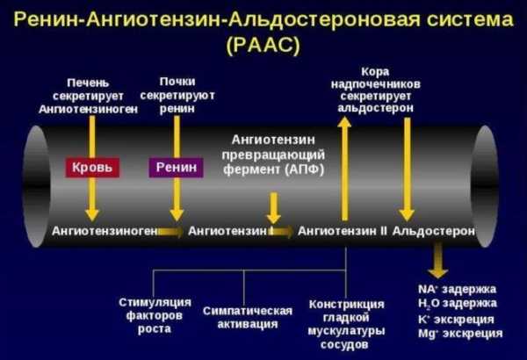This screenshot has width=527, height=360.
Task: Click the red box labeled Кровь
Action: [x=92, y=168]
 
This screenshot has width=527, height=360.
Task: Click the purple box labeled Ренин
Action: [x=177, y=168]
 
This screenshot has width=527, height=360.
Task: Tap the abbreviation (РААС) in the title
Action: [x=263, y=45]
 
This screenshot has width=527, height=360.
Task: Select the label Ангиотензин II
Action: [x=343, y=231]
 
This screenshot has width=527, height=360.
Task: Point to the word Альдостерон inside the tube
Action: [x=434, y=231]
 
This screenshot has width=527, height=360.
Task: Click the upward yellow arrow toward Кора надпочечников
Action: [x=344, y=169]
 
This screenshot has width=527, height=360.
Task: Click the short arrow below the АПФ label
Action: [x=274, y=208]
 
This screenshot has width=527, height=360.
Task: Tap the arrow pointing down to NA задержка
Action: [x=437, y=261]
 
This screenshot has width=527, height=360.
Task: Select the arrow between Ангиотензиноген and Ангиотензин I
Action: [x=170, y=231]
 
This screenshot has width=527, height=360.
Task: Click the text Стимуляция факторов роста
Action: [x=155, y=315]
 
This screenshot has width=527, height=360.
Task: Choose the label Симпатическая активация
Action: [x=248, y=317]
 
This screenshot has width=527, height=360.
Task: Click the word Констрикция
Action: [x=346, y=304]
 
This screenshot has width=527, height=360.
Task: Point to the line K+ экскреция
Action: [x=456, y=320]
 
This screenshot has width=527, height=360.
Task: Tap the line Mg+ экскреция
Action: [x=460, y=334]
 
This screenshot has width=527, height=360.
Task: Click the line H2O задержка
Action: [x=458, y=304]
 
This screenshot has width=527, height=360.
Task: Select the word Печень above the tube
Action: [x=88, y=83]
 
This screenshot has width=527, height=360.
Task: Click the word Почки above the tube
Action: [x=177, y=82]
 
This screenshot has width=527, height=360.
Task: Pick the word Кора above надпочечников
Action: [x=375, y=72]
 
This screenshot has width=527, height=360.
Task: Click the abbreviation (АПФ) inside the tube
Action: [x=305, y=169]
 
